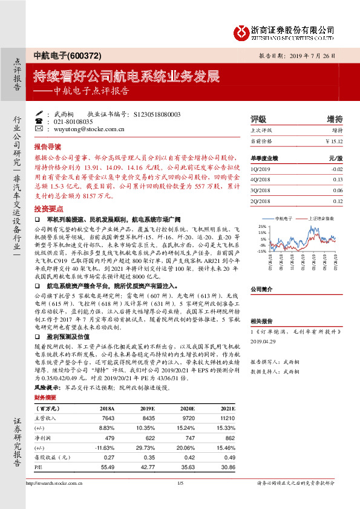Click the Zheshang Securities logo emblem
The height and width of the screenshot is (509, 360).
point(242,30)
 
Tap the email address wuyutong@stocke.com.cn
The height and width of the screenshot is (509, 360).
point(89,129)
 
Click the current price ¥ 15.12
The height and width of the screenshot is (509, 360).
point(333,141)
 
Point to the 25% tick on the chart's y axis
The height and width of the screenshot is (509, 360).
point(262,226)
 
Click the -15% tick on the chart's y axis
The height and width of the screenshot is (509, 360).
point(261,250)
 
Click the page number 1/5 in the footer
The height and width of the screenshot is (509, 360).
point(180,483)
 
